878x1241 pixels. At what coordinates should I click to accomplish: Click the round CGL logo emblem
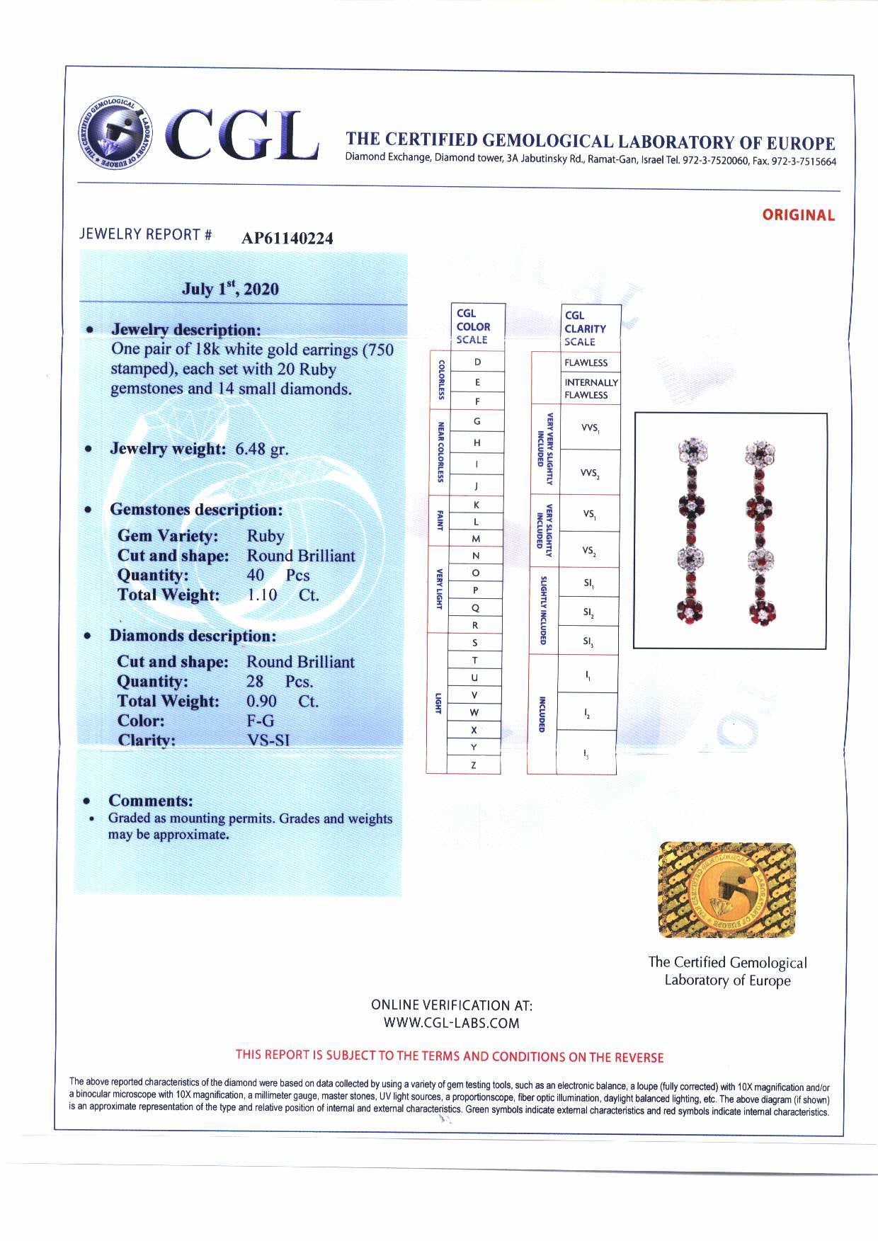pyautogui.click(x=115, y=132)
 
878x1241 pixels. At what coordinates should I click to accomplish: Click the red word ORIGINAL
pyautogui.click(x=798, y=215)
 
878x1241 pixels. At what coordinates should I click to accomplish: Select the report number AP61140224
pyautogui.click(x=287, y=239)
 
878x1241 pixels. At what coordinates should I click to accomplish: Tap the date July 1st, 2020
pyautogui.click(x=230, y=289)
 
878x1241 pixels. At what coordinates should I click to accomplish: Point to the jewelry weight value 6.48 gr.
pyautogui.click(x=261, y=449)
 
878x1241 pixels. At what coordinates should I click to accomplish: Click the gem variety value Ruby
pyautogui.click(x=266, y=536)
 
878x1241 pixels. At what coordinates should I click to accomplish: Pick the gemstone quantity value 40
pyautogui.click(x=256, y=575)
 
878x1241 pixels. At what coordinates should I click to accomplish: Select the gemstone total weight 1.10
pyautogui.click(x=262, y=595)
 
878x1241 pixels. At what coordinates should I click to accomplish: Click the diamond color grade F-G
pyautogui.click(x=260, y=721)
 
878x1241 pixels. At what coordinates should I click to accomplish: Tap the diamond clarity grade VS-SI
pyautogui.click(x=268, y=740)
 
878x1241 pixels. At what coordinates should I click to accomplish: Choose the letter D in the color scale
pyautogui.click(x=477, y=362)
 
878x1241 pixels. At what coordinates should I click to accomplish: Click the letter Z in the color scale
pyautogui.click(x=474, y=765)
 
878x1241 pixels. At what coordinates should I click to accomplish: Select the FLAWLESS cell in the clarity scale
pyautogui.click(x=586, y=362)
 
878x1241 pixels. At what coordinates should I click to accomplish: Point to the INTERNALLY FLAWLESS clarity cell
pyautogui.click(x=591, y=389)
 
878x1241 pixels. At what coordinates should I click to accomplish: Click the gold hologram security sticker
pyautogui.click(x=726, y=890)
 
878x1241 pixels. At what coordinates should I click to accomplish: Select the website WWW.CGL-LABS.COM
pyautogui.click(x=451, y=1023)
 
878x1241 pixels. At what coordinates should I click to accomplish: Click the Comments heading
pyautogui.click(x=151, y=801)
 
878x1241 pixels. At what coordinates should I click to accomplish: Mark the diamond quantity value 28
pyautogui.click(x=255, y=681)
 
